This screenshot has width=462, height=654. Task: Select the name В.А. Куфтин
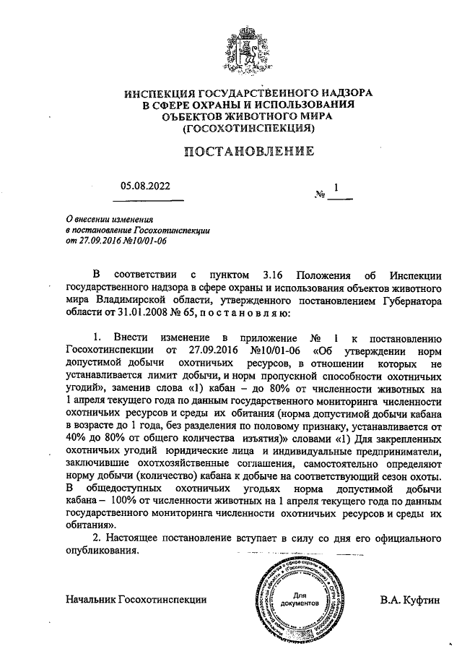[x=409, y=599]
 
